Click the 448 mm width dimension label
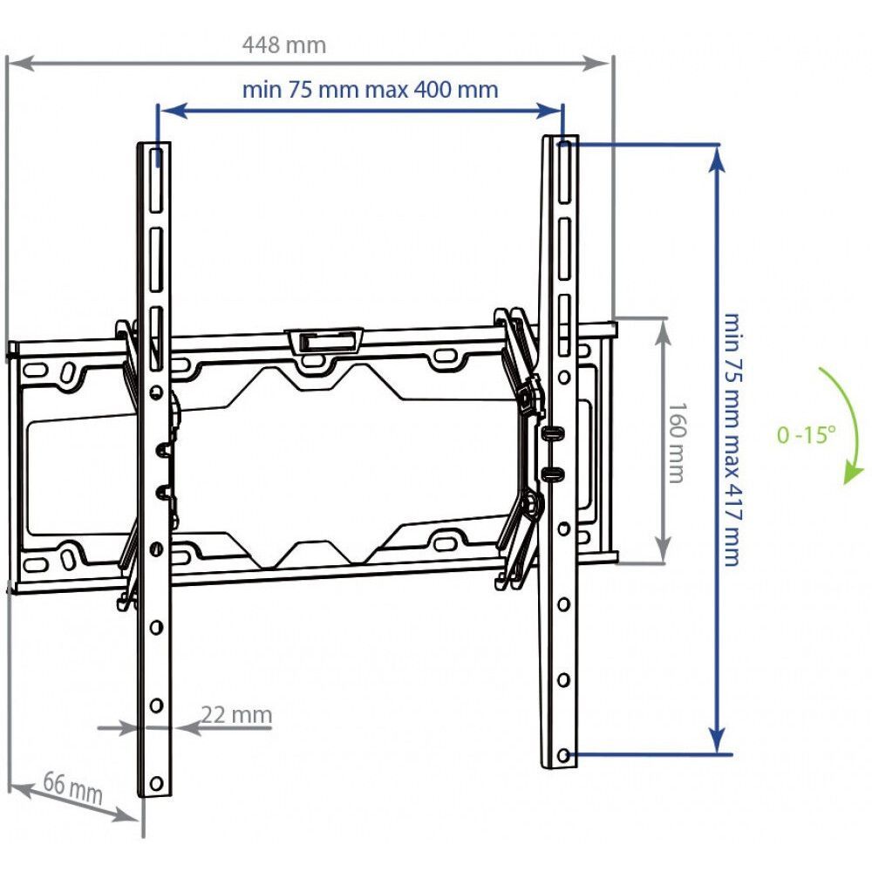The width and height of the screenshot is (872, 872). pyautogui.click(x=284, y=45)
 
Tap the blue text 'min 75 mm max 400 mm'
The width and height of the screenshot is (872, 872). pyautogui.click(x=371, y=90)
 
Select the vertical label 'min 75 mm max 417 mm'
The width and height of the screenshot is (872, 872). pyautogui.click(x=732, y=439)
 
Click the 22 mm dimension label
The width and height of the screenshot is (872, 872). pyautogui.click(x=236, y=715)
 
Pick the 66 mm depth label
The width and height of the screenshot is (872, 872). pyautogui.click(x=73, y=787)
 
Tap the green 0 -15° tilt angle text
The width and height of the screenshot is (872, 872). pyautogui.click(x=806, y=434)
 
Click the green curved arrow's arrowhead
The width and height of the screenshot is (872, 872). pyautogui.click(x=853, y=474)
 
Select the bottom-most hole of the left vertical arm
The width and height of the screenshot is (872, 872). pyautogui.click(x=156, y=784)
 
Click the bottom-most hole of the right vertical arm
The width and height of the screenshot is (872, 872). pyautogui.click(x=563, y=755)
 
